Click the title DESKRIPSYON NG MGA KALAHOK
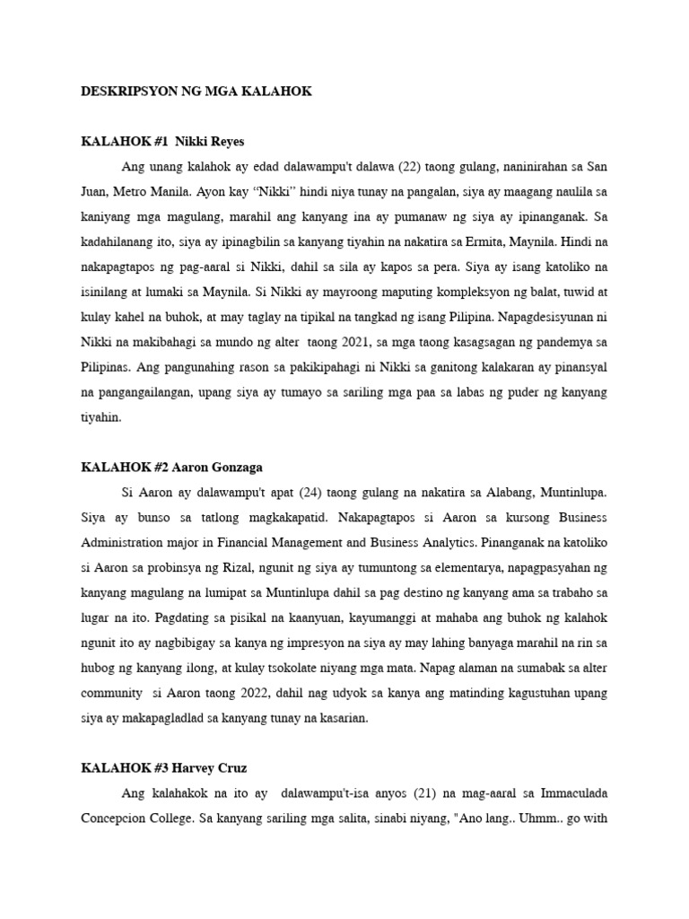point(196,92)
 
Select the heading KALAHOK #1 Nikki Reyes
point(162,142)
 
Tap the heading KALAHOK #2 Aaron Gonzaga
point(171,468)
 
